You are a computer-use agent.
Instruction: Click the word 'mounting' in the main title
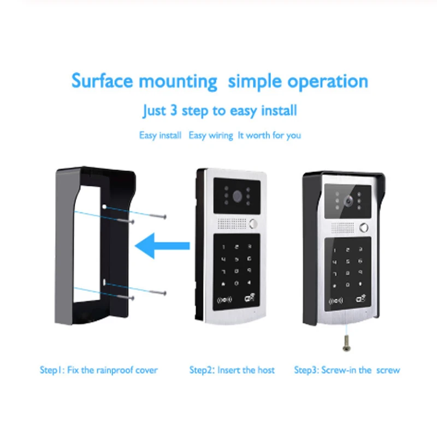point(178,81)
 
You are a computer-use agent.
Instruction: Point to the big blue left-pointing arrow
point(162,246)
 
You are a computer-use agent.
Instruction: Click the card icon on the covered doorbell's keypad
point(362,299)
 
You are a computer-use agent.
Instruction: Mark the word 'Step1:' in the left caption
point(52,370)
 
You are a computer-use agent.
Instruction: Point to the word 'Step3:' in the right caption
point(306,370)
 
